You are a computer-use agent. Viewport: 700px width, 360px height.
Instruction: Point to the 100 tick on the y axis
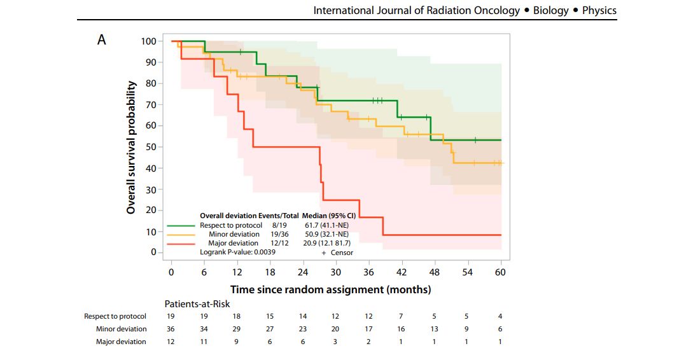[x=148, y=41]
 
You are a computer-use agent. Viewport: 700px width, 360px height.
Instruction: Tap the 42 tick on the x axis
[x=402, y=272]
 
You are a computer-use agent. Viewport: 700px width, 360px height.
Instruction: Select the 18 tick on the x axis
[x=270, y=272]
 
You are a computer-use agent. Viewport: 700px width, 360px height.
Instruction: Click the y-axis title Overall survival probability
[x=131, y=147]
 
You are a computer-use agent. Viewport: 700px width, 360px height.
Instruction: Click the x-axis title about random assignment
[x=330, y=289]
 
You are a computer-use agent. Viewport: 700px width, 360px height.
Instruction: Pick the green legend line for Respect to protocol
[x=181, y=225]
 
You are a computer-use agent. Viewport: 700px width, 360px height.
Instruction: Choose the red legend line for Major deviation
[x=181, y=243]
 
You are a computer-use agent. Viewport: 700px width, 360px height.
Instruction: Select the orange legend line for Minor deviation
[x=181, y=234]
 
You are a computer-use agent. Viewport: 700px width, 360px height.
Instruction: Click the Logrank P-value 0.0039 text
[x=239, y=253]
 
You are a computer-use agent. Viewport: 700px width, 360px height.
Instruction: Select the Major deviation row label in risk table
[x=121, y=342]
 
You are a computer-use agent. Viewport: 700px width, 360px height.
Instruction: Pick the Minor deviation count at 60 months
[x=501, y=329]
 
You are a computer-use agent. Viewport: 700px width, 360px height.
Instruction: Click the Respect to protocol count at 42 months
[x=402, y=316]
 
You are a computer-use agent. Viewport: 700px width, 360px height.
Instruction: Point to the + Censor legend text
[x=337, y=253]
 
